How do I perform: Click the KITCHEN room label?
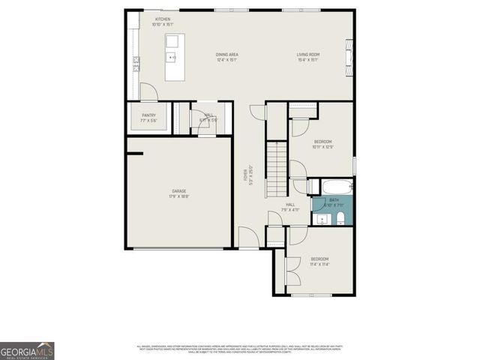(163, 19)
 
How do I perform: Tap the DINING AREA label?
(226, 54)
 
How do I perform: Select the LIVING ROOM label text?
(307, 54)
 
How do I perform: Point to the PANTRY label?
(148, 115)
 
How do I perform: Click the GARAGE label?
(178, 191)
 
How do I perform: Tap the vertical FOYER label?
(244, 176)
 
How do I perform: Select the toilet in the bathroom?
(340, 218)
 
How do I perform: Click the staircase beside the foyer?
(277, 169)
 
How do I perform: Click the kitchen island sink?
(172, 56)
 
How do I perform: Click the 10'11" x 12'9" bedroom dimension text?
(322, 147)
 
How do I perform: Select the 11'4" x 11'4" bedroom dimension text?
(319, 264)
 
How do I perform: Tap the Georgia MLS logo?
(27, 351)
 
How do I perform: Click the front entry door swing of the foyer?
(248, 238)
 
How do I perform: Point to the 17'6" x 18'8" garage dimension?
(178, 196)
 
